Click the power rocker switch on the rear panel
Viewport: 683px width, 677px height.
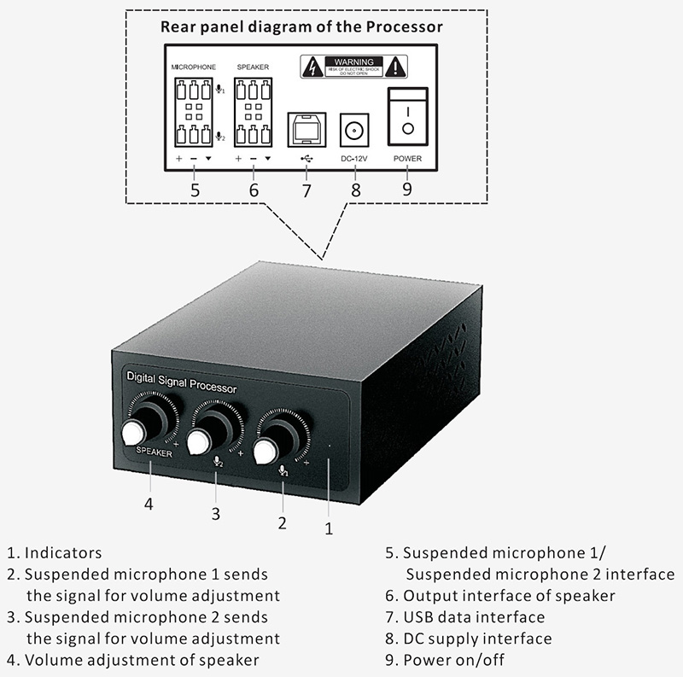point(406,117)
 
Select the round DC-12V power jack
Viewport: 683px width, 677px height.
point(353,129)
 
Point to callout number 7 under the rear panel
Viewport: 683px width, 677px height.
point(306,190)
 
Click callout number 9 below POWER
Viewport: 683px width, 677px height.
point(406,188)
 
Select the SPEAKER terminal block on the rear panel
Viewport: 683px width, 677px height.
point(253,112)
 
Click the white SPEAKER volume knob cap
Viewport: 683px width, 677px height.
point(134,433)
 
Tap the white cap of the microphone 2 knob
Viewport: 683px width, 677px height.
point(199,441)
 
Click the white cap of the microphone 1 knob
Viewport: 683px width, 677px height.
point(266,450)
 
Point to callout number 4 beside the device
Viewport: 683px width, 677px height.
point(149,504)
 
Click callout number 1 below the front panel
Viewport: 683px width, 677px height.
point(329,528)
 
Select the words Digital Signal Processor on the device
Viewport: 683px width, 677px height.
point(181,382)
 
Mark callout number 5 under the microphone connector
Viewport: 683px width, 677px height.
point(196,190)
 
